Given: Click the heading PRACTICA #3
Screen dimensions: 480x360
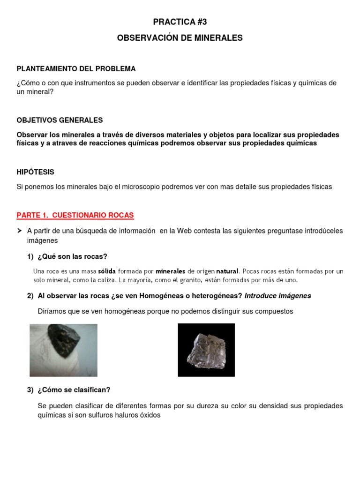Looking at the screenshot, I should (x=180, y=22).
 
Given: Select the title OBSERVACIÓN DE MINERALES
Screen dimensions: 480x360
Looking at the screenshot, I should (x=180, y=38).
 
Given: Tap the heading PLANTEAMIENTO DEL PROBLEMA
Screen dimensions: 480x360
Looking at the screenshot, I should (x=76, y=69).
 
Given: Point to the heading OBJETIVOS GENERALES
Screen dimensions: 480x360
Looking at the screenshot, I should (x=60, y=120).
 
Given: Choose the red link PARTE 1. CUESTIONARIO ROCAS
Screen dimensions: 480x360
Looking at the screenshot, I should (x=75, y=215).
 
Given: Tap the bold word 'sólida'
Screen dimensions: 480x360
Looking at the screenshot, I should (x=107, y=271).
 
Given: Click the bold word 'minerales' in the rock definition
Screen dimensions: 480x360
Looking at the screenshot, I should (x=171, y=271).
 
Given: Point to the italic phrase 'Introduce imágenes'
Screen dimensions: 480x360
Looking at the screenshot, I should (x=278, y=296).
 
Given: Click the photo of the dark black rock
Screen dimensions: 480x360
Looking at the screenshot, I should (x=63, y=350).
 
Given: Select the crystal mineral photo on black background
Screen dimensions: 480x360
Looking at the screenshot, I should (x=206, y=350).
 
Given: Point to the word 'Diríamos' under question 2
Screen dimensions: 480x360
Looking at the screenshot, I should (x=52, y=311).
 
